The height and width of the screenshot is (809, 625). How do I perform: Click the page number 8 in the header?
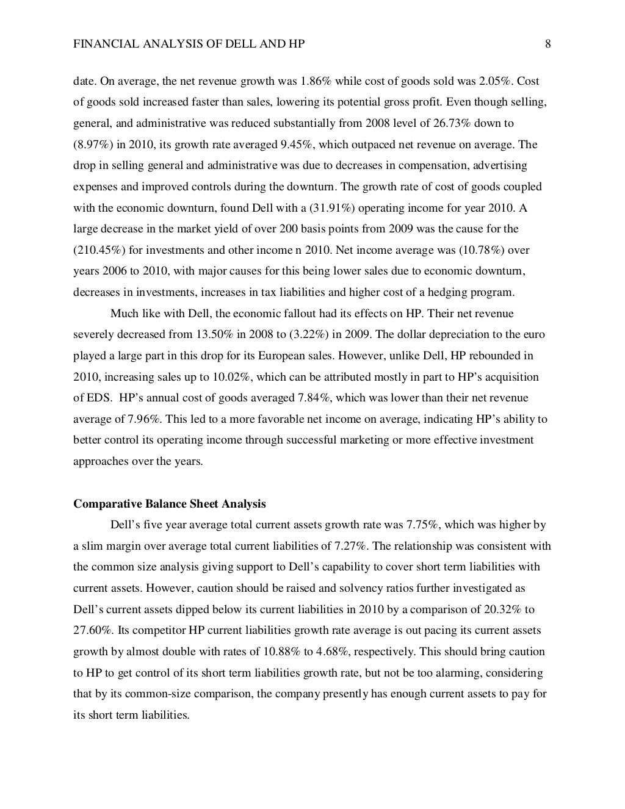tap(547, 44)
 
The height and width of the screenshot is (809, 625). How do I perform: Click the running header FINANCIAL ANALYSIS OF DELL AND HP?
tap(189, 44)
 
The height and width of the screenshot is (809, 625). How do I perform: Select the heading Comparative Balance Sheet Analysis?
tap(170, 504)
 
